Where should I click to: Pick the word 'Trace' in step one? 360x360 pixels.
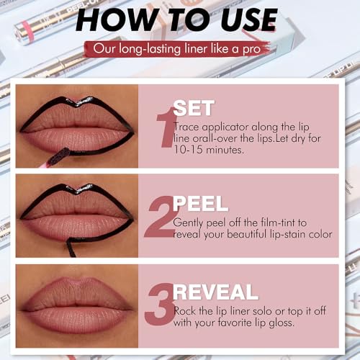pos(188,127)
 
